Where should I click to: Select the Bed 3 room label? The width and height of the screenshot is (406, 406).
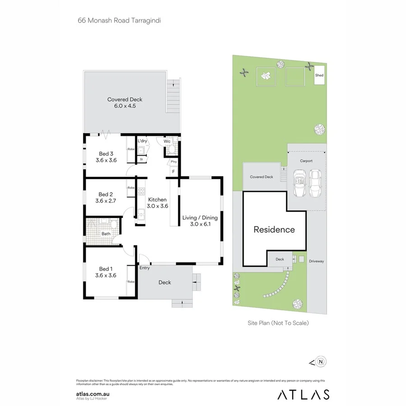coord(106,157)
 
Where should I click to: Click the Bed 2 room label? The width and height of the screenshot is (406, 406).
coord(106,198)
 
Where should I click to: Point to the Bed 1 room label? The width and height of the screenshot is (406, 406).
coord(106,272)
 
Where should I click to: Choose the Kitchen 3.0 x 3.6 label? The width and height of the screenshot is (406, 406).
coord(157,203)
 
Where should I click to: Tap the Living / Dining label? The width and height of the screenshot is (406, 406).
coord(200,221)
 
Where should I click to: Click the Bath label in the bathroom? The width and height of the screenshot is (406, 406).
coord(106,234)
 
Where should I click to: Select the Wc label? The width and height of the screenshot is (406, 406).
coord(167,141)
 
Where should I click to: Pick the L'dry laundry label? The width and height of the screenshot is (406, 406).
coord(143,141)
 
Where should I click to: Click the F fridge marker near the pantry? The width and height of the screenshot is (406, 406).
coord(173,171)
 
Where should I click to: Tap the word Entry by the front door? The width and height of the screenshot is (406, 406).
coord(144,268)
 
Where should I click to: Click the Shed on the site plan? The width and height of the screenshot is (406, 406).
coord(319,76)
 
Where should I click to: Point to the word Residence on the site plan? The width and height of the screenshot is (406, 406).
coord(274,230)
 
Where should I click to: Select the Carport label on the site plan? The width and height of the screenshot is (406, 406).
coord(306,161)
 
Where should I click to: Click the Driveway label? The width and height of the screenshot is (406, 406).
coord(316,261)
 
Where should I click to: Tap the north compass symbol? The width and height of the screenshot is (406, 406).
coord(321,361)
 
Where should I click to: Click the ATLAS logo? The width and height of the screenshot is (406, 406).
coord(303,394)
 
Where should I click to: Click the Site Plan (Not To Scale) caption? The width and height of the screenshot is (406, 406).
coord(278,323)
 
